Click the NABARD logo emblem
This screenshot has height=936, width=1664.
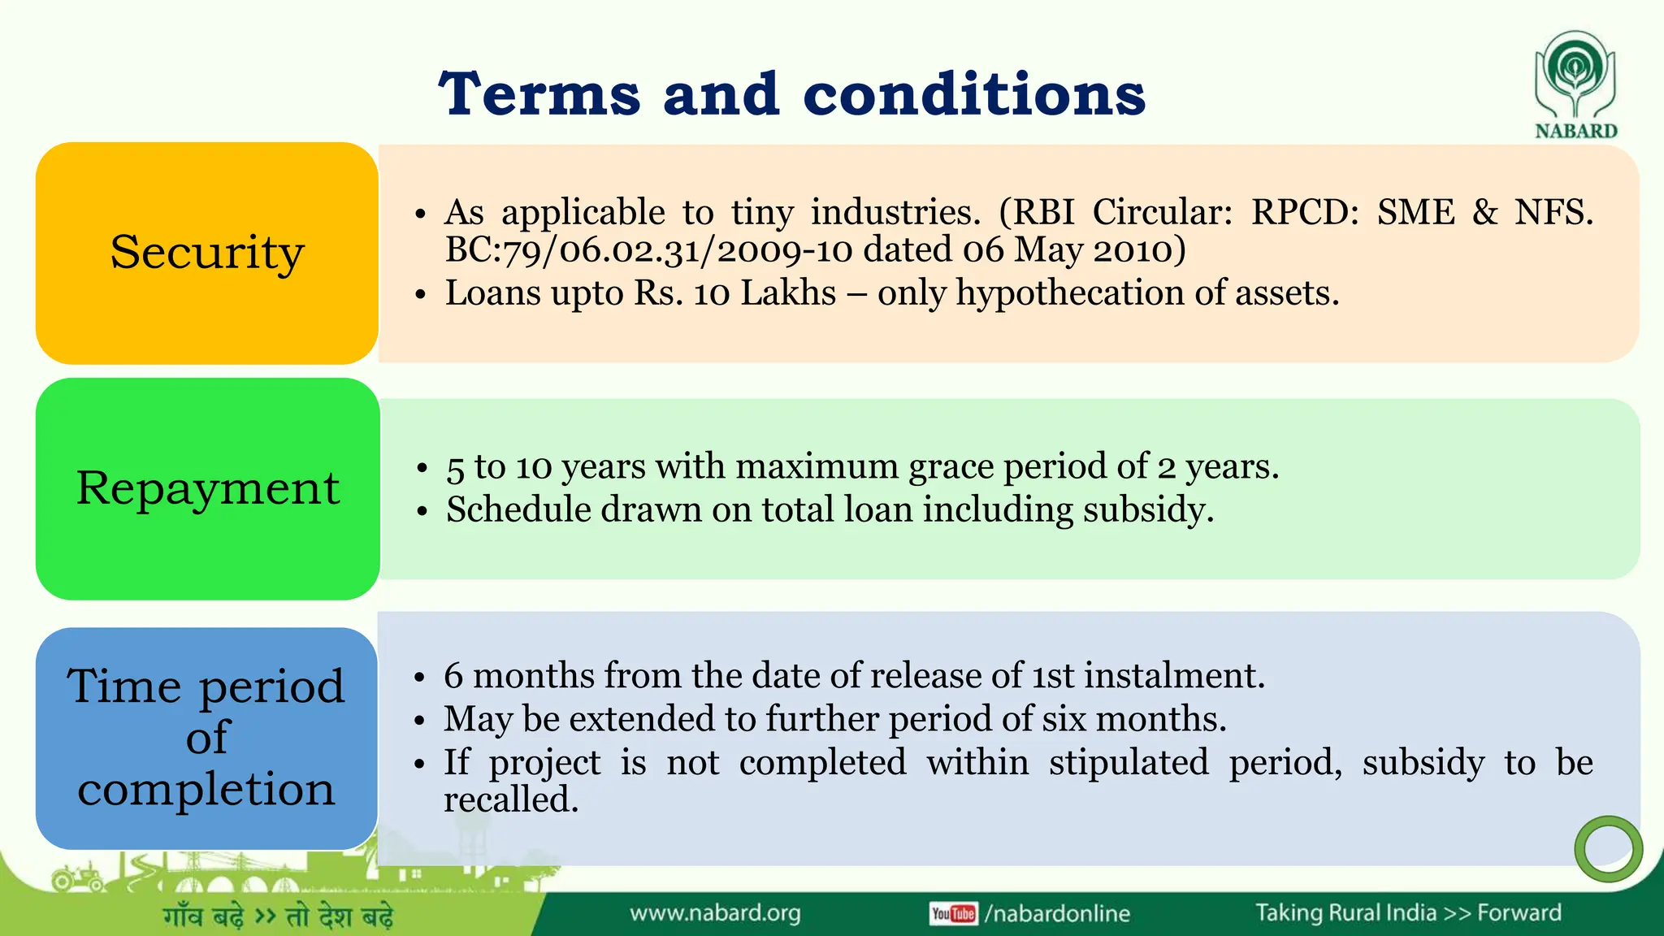coord(1575,75)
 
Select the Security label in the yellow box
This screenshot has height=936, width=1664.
coord(207,253)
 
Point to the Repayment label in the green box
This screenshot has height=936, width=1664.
coord(208,488)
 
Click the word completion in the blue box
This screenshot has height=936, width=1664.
coord(206,789)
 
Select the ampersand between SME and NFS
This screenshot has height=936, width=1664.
coord(1484,212)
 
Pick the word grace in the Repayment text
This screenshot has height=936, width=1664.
coord(951,466)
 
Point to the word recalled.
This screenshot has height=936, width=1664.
coord(510,799)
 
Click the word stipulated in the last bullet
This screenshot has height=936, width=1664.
coord(1128,762)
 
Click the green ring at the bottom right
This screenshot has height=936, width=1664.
coord(1608,849)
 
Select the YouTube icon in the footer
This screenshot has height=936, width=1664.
coord(953,913)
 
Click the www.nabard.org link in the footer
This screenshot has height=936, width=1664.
coord(715,913)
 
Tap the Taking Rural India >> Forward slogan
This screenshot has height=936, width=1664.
coord(1408,912)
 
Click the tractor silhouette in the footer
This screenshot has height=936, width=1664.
coord(77,877)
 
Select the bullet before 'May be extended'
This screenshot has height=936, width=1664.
coord(419,720)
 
